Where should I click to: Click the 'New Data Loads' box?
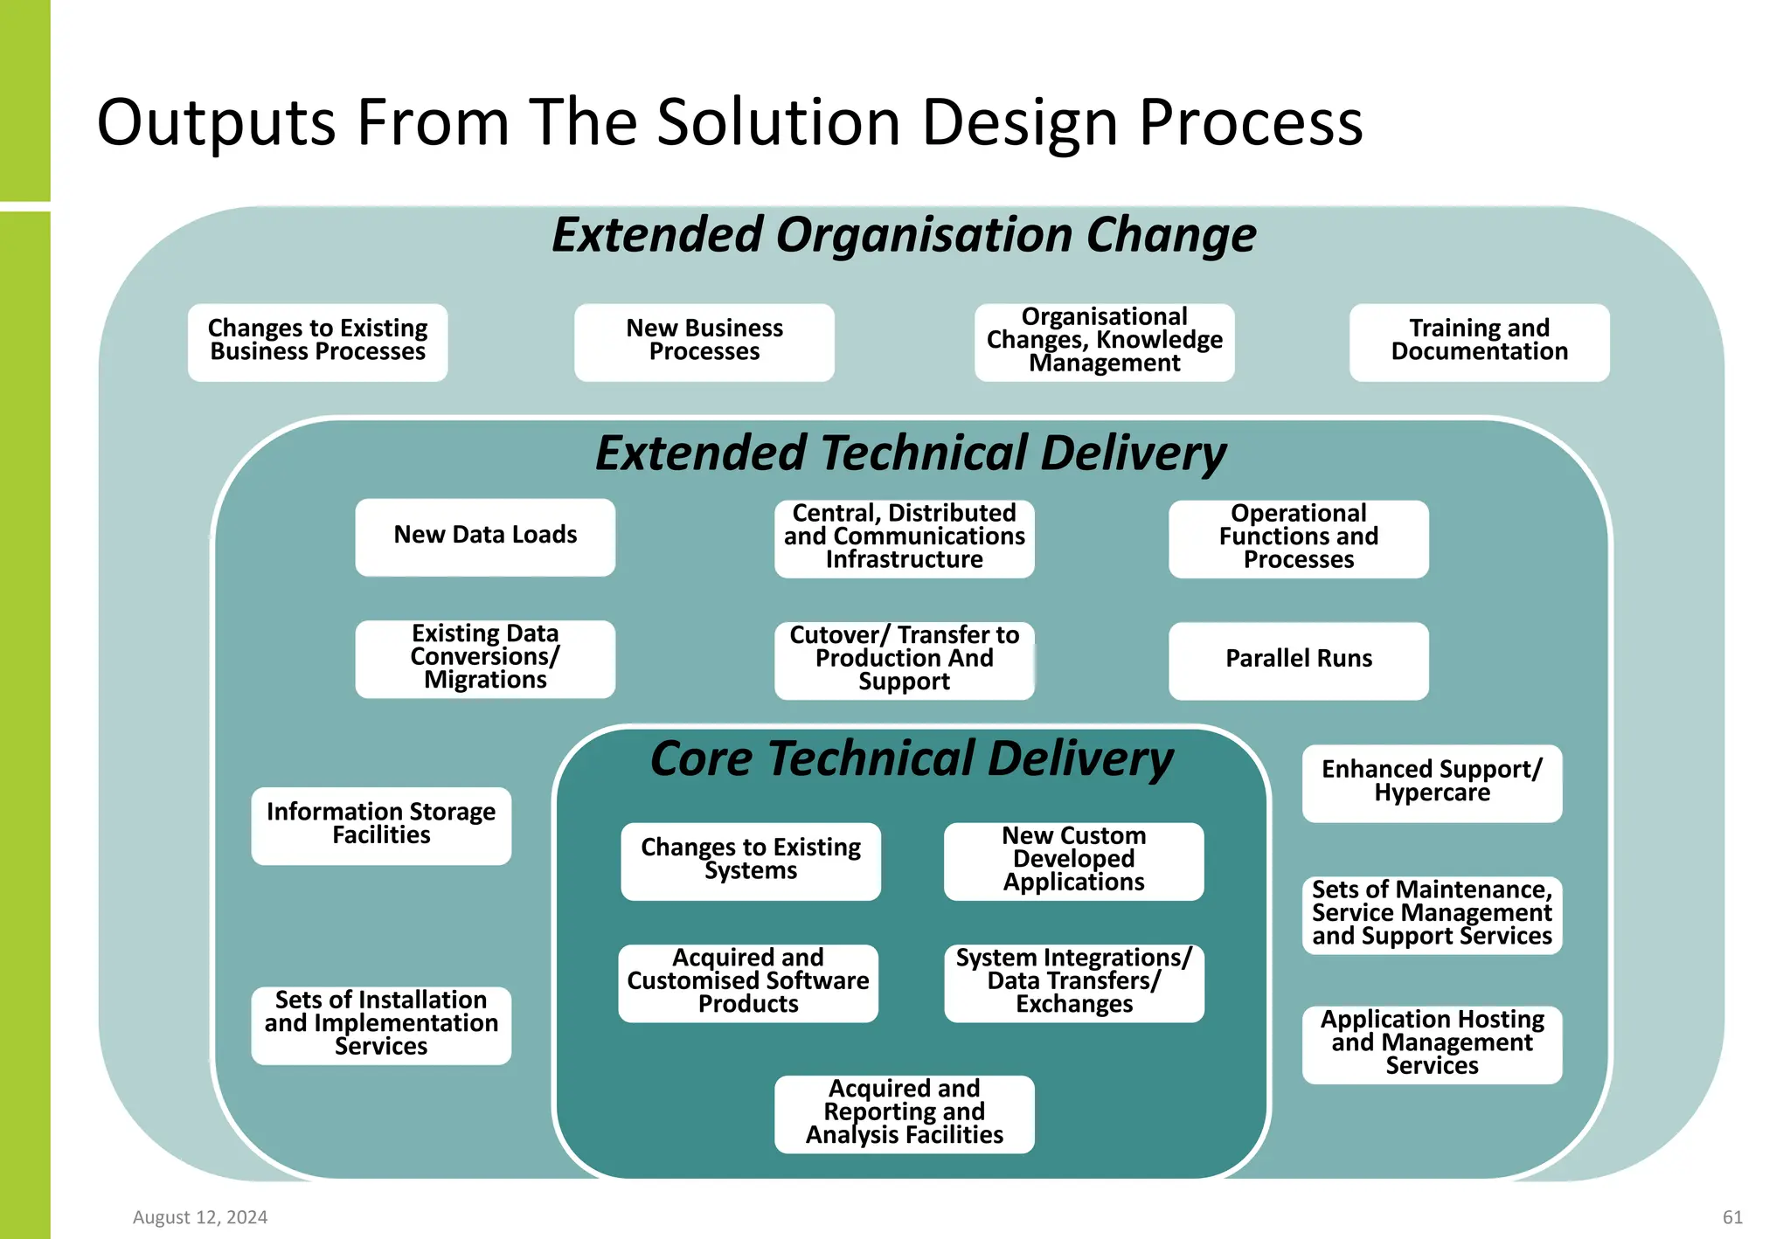(x=485, y=536)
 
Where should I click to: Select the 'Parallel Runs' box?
(x=1298, y=660)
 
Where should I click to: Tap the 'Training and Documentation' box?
(x=1479, y=342)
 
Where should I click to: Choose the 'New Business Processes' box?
(x=704, y=342)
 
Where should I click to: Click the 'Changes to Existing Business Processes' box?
(x=317, y=342)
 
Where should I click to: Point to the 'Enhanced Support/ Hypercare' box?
(x=1432, y=782)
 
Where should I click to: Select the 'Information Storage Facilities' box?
(x=381, y=825)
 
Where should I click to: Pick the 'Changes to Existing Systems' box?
(x=750, y=861)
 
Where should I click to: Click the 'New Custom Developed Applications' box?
(x=1073, y=861)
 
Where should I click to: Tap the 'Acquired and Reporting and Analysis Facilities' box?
(x=904, y=1113)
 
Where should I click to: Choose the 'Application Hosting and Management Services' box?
(x=1432, y=1043)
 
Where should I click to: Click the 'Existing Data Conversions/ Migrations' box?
(x=485, y=658)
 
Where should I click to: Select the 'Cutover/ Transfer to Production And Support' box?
(x=904, y=660)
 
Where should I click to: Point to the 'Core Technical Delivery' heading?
(x=911, y=758)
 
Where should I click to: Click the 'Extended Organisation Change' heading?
(x=904, y=235)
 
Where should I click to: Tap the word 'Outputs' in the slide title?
(x=216, y=122)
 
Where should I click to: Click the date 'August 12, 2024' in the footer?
(x=200, y=1217)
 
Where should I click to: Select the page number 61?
(x=1732, y=1217)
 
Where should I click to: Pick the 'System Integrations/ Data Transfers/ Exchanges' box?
(x=1073, y=982)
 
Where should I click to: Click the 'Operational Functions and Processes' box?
(x=1298, y=538)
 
